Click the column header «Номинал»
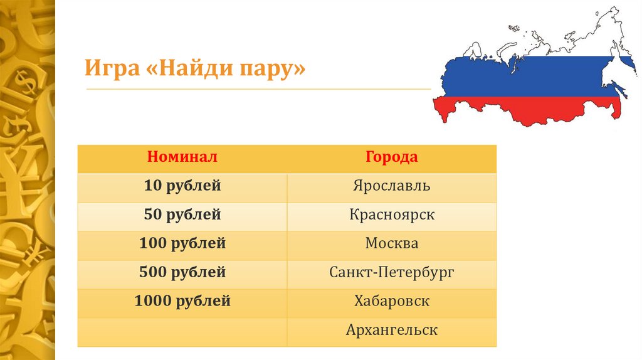182,157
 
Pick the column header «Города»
392,157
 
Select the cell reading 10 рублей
182,186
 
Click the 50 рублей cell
182,214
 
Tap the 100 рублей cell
182,243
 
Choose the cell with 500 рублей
182,272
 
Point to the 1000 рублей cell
182,301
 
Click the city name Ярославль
392,186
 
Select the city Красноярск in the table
392,214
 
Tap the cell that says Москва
392,243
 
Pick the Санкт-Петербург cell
392,272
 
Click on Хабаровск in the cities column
392,301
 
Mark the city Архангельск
392,330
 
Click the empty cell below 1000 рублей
182,330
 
